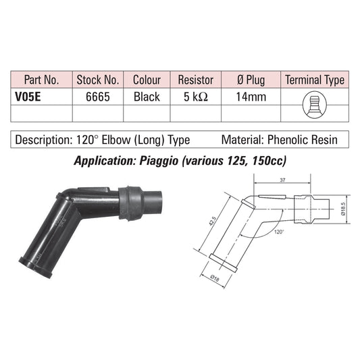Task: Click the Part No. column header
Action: click(x=42, y=80)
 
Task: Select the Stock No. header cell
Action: click(x=98, y=80)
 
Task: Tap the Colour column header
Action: click(x=147, y=80)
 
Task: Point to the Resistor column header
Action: click(x=196, y=80)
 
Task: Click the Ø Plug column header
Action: click(x=251, y=80)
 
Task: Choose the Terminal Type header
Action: click(x=315, y=80)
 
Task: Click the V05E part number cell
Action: click(x=28, y=97)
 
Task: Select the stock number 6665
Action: click(x=98, y=97)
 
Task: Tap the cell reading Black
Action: click(x=147, y=97)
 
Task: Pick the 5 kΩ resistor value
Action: click(x=196, y=97)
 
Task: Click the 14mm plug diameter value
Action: click(x=251, y=97)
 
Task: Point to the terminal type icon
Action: click(x=315, y=105)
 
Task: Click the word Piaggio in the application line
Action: click(x=159, y=161)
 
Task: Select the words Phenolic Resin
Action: click(x=303, y=140)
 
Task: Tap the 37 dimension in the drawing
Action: click(x=282, y=180)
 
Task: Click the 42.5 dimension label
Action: click(x=212, y=221)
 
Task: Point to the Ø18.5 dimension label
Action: click(x=343, y=209)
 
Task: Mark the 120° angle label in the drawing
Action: click(x=279, y=232)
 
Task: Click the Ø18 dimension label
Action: click(x=215, y=278)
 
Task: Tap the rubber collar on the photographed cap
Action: click(x=131, y=204)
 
